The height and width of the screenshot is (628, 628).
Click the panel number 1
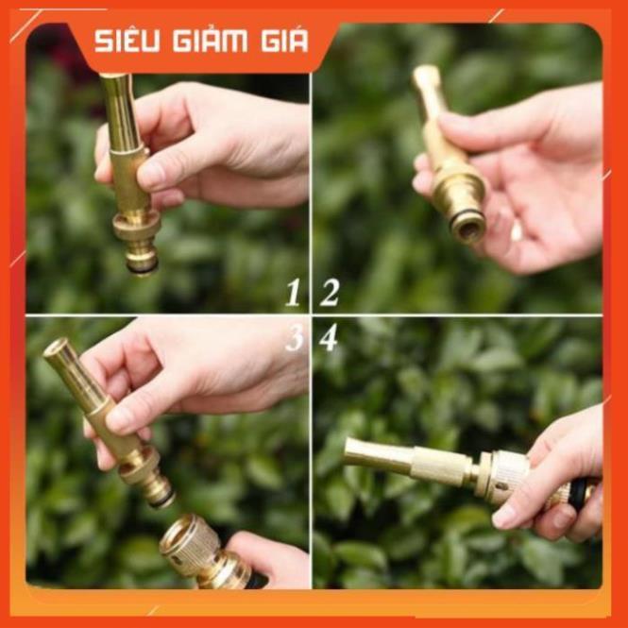(x=293, y=294)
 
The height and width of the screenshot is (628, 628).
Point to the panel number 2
(x=329, y=294)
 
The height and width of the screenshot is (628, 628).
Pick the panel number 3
(x=294, y=337)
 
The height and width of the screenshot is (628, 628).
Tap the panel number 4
(x=328, y=337)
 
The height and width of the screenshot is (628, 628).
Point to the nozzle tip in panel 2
(x=426, y=76)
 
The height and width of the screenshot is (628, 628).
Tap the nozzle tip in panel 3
(x=58, y=351)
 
